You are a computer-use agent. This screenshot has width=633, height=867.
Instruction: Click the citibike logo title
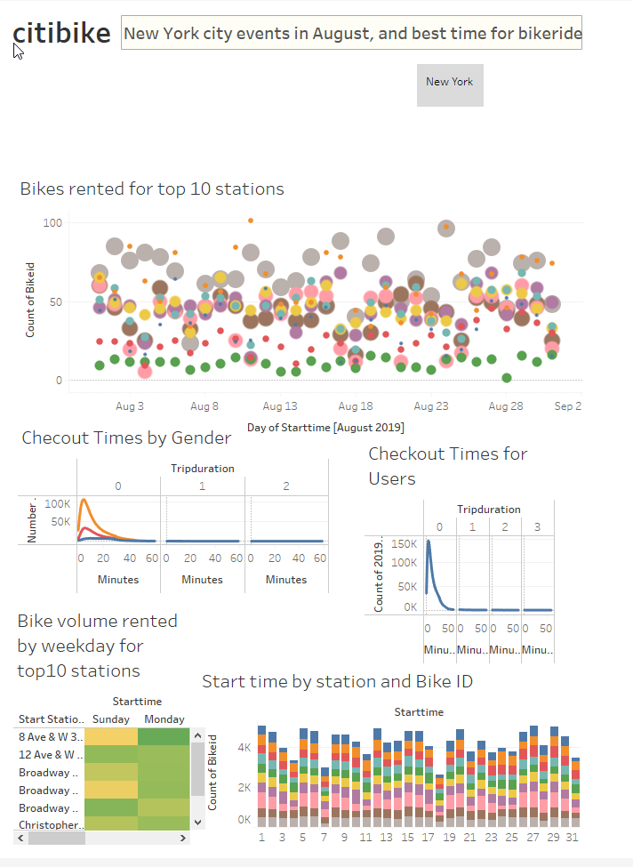pyautogui.click(x=61, y=33)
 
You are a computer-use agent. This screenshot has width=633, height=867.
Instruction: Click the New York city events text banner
pyautogui.click(x=352, y=34)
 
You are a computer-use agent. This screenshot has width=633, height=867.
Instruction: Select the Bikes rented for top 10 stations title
pyautogui.click(x=152, y=189)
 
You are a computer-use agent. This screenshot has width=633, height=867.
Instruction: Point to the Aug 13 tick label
pyautogui.click(x=280, y=406)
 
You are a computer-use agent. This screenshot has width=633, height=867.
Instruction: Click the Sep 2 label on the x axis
pyautogui.click(x=567, y=406)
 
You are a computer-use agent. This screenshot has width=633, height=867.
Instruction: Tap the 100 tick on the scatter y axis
pyautogui.click(x=52, y=222)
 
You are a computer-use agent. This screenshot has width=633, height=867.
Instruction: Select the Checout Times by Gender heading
pyautogui.click(x=126, y=438)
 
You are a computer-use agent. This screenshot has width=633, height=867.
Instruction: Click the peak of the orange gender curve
pyautogui.click(x=84, y=500)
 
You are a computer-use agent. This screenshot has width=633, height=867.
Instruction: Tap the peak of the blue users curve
pyautogui.click(x=429, y=541)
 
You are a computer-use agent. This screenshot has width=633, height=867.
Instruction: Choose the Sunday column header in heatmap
pyautogui.click(x=111, y=719)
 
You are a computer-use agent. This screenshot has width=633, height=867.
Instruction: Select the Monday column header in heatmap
pyautogui.click(x=164, y=719)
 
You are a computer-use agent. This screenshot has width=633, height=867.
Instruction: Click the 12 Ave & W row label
pyautogui.click(x=49, y=755)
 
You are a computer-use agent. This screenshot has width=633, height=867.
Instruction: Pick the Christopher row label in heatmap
pyautogui.click(x=49, y=825)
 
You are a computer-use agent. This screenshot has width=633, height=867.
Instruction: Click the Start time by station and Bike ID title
pyautogui.click(x=337, y=682)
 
